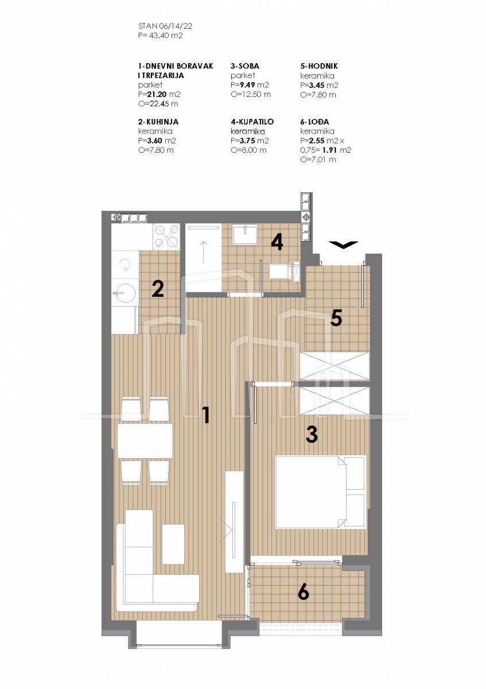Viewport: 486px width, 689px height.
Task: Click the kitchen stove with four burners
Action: (x=166, y=237)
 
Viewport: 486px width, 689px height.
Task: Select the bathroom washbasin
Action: (x=245, y=234)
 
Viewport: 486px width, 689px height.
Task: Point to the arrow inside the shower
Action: (x=204, y=251)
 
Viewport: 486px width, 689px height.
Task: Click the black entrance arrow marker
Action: (x=343, y=244)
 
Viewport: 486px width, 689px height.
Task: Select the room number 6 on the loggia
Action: (x=303, y=597)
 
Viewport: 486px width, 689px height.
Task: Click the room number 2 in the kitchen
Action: (x=158, y=289)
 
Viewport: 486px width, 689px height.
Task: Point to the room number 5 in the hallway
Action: (x=336, y=318)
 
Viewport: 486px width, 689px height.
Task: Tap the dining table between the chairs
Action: (x=145, y=441)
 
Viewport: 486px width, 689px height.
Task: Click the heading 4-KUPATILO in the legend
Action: (x=252, y=122)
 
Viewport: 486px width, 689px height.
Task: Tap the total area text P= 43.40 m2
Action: (x=160, y=36)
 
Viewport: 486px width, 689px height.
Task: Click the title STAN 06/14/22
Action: (x=165, y=26)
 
